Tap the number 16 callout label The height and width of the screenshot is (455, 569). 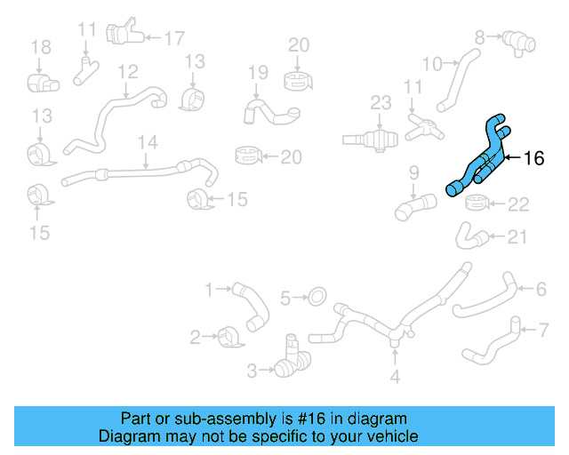tap(533, 159)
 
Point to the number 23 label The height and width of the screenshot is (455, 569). tap(381, 104)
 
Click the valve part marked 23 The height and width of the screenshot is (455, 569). tap(374, 139)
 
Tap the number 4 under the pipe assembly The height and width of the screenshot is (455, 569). tap(395, 378)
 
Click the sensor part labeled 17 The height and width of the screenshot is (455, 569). tap(121, 34)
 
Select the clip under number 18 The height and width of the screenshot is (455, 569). tap(40, 83)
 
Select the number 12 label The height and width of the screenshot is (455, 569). tap(128, 71)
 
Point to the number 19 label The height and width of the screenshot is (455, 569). tap(258, 72)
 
